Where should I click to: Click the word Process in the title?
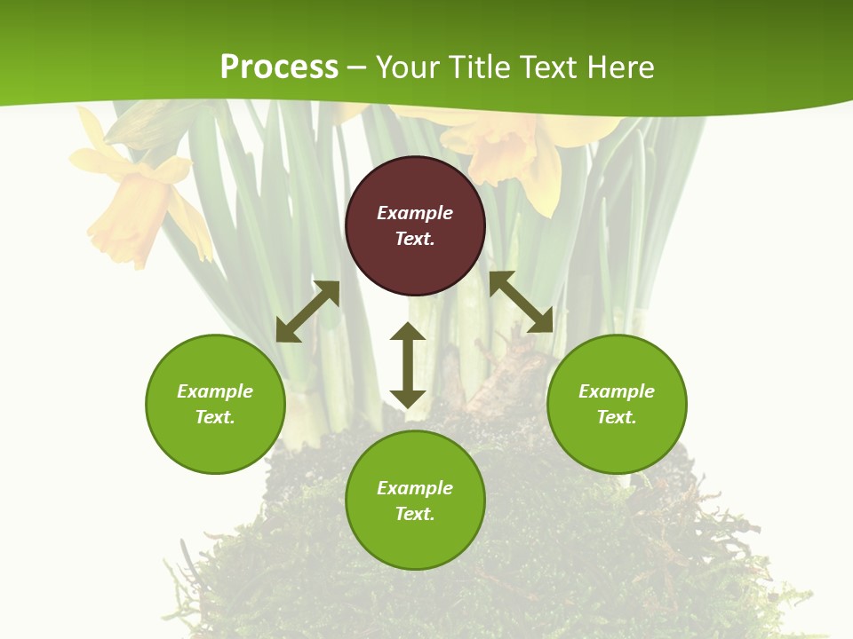(279, 67)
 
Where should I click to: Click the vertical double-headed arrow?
(408, 366)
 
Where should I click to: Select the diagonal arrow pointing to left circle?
(307, 312)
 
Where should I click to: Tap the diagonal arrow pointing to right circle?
(521, 302)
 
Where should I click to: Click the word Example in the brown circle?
(415, 213)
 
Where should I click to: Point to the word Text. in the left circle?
(215, 417)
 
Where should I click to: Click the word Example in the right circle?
(617, 391)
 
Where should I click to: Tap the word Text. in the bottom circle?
(415, 514)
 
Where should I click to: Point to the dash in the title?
(357, 68)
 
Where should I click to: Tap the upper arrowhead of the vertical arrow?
(408, 333)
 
